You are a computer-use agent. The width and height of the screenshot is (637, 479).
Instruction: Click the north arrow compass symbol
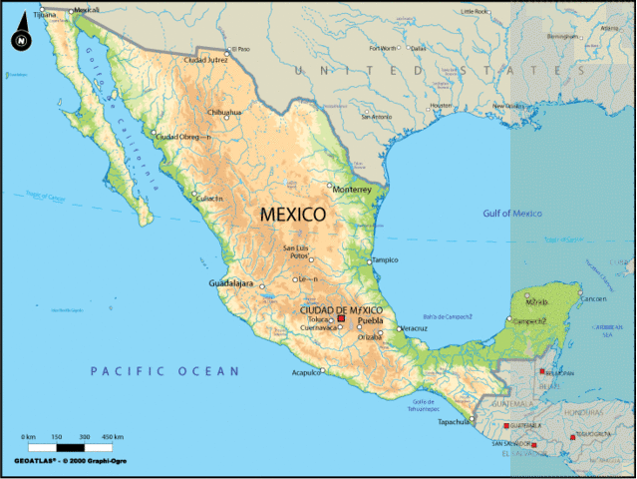pyautogui.click(x=20, y=40)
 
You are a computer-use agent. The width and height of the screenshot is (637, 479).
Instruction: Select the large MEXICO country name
pyautogui.click(x=292, y=214)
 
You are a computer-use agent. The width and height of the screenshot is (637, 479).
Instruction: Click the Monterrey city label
pyautogui.click(x=352, y=189)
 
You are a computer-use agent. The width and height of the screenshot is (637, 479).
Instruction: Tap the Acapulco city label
pyautogui.click(x=305, y=372)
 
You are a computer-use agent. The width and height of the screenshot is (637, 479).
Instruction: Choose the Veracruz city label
pyautogui.click(x=415, y=328)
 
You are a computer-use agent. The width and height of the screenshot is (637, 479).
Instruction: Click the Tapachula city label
pyautogui.click(x=454, y=421)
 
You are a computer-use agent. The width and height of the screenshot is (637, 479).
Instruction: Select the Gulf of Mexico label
pyautogui.click(x=512, y=214)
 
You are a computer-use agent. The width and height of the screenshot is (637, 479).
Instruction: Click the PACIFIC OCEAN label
pyautogui.click(x=165, y=371)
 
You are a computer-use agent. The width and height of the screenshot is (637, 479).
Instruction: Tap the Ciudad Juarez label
pyautogui.click(x=206, y=60)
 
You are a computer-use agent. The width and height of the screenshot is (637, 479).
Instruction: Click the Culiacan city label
pyautogui.click(x=210, y=199)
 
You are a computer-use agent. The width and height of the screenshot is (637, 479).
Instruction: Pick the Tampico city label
pyautogui.click(x=385, y=259)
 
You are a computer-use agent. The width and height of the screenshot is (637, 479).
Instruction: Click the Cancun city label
pyautogui.click(x=594, y=298)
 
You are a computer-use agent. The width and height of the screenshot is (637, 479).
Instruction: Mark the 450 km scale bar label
pyautogui.click(x=112, y=438)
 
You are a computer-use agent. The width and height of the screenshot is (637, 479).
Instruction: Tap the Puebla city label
pyautogui.click(x=370, y=320)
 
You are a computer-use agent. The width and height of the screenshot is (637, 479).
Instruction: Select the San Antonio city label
pyautogui.click(x=376, y=117)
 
